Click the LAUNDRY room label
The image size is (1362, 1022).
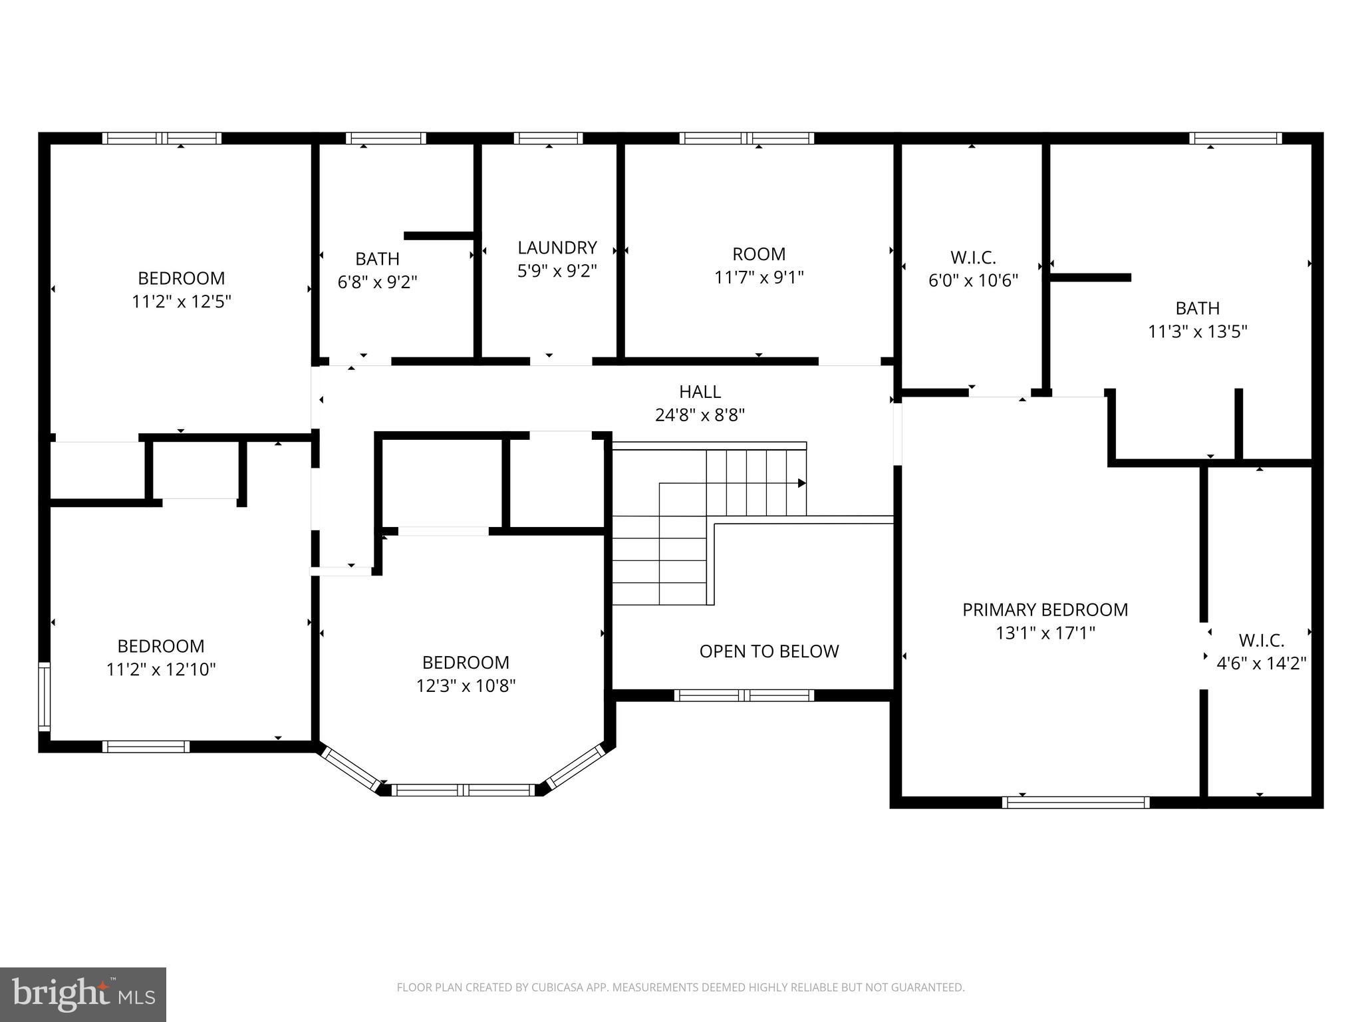click(557, 248)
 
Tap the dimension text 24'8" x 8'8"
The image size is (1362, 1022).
click(700, 415)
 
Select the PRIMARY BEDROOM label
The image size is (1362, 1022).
click(1045, 609)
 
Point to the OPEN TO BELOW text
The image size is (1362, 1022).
click(769, 651)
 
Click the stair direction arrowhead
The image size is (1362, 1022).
click(802, 483)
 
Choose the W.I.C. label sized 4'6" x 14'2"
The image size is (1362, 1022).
click(1261, 640)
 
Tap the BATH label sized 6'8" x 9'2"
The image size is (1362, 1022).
click(377, 258)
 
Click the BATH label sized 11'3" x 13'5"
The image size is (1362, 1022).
click(1197, 308)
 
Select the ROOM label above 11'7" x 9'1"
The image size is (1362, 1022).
click(759, 254)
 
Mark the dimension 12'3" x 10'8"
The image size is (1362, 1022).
click(466, 685)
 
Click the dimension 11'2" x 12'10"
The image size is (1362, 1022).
click(161, 669)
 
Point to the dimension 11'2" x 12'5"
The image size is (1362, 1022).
click(181, 301)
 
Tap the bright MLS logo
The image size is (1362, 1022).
click(82, 994)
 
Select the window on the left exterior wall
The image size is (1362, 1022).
click(44, 696)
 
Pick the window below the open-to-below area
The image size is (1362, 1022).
click(744, 695)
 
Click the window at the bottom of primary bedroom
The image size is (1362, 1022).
click(1075, 802)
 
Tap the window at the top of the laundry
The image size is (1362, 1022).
click(548, 138)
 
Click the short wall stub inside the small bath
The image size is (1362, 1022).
click(438, 236)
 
